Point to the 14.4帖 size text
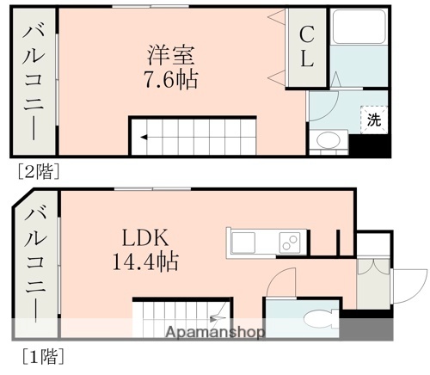[x=148, y=261]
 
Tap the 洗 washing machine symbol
[x=373, y=120]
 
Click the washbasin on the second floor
[x=328, y=140]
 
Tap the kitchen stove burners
[x=291, y=241]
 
